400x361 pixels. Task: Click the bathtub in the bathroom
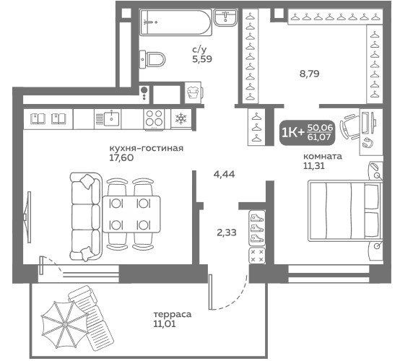175,22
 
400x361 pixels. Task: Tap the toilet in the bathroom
152,59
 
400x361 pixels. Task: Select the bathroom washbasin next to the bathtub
226,17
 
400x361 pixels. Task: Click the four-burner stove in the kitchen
154,120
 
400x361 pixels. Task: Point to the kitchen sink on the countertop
108,119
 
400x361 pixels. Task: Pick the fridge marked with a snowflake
181,118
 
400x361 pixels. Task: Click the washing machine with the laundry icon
194,92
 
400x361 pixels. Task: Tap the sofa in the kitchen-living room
85,217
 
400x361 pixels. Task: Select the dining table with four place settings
131,214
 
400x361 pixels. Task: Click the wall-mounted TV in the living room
28,217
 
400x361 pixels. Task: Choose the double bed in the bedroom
344,211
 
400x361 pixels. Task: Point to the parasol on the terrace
65,324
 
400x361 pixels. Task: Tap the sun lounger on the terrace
90,318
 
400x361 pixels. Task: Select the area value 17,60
121,158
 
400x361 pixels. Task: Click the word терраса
172,314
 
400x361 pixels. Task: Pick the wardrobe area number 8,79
310,74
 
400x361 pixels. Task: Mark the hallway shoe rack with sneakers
257,228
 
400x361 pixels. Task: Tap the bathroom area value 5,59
202,59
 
